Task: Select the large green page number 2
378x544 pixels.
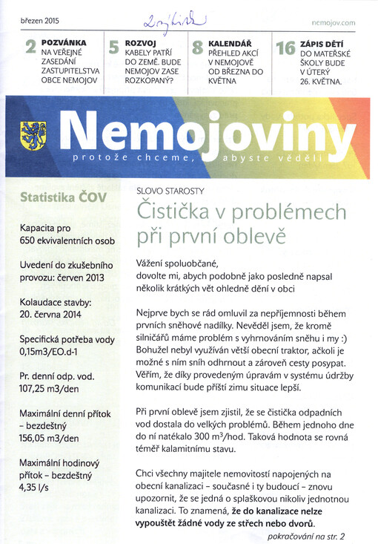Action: click(31, 50)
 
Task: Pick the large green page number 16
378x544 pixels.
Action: click(285, 50)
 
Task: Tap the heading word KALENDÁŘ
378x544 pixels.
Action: click(229, 44)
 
